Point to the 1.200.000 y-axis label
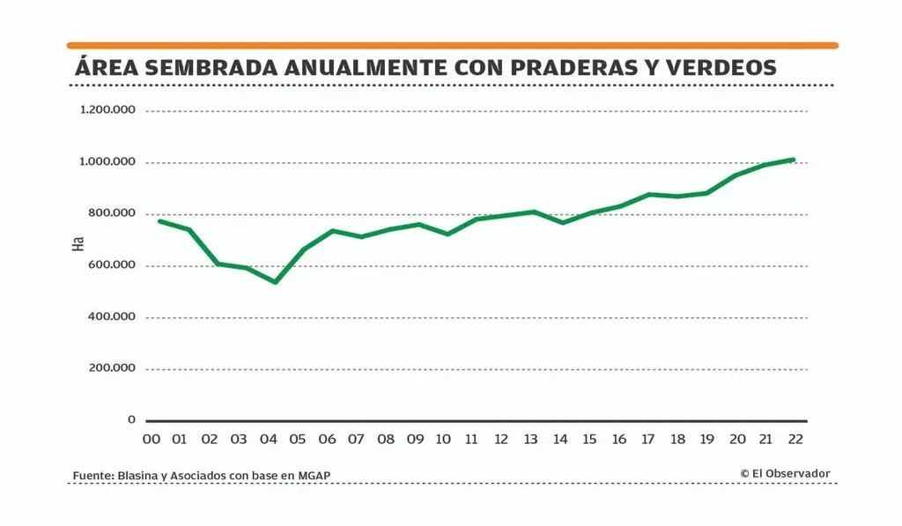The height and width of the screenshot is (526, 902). tap(107, 110)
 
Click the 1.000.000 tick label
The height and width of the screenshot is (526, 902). tap(107, 162)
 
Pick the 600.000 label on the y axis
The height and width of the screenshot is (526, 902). tap(112, 265)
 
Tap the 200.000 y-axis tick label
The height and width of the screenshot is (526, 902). tap(112, 368)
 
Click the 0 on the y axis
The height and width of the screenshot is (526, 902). tap(131, 420)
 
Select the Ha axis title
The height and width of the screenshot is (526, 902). tap(78, 243)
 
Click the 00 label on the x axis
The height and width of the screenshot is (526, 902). tap(152, 439)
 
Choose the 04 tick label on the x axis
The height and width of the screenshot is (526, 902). tap(269, 439)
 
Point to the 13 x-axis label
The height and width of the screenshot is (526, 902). tap(530, 439)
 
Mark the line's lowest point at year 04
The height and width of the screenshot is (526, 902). tap(276, 282)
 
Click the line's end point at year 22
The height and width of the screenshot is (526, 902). tap(794, 160)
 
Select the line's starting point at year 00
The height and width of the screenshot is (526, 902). tap(159, 220)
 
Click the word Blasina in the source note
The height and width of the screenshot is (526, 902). tap(135, 476)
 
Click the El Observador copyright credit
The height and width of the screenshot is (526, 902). tap(785, 473)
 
